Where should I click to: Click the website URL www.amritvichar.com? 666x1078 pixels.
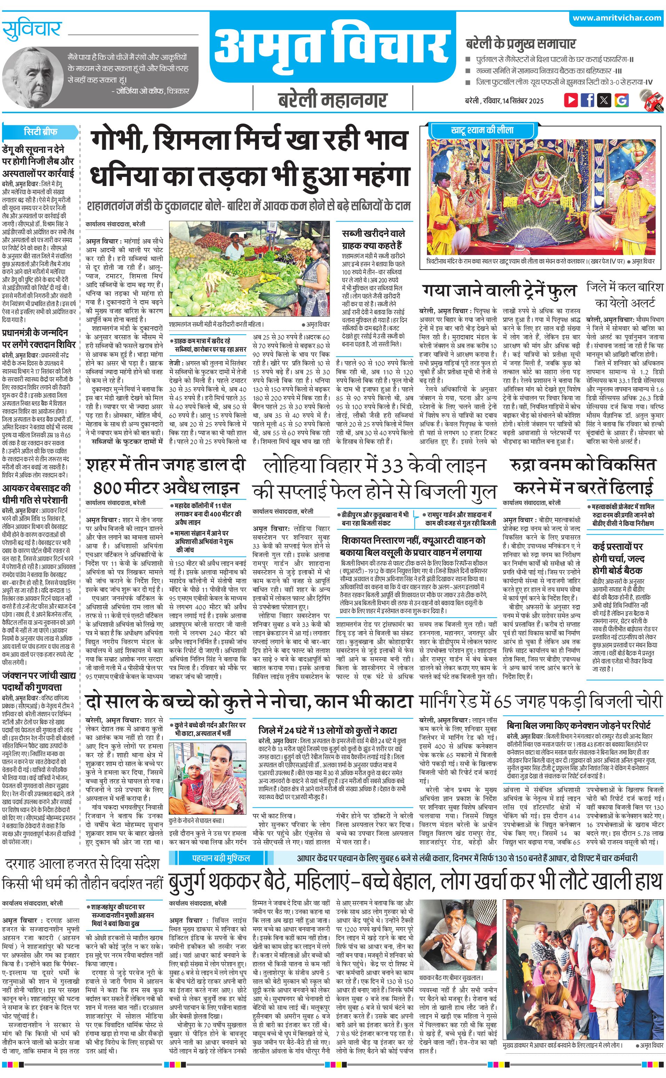[x=617, y=18]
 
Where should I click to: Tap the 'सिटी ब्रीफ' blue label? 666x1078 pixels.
[x=40, y=131]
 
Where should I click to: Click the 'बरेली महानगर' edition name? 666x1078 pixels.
[x=333, y=100]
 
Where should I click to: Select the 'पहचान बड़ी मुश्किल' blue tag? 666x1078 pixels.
[x=221, y=858]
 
